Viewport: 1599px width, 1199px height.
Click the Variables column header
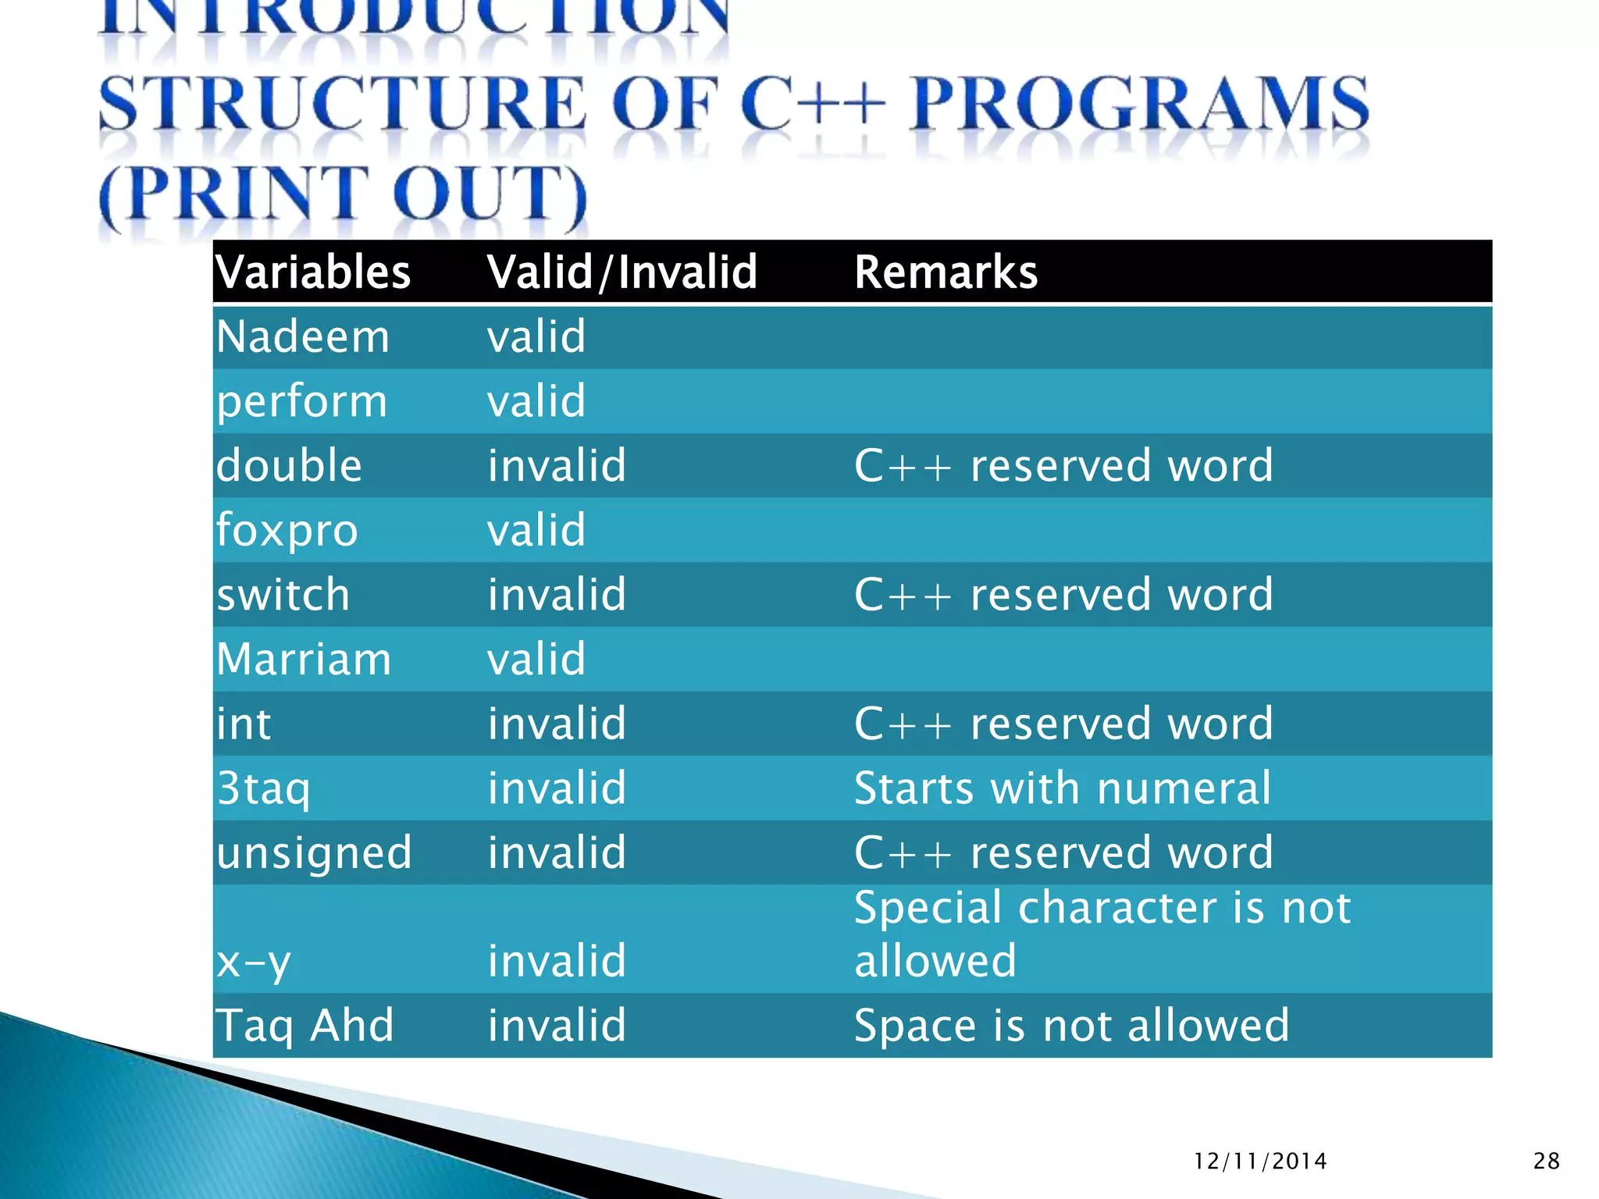click(313, 272)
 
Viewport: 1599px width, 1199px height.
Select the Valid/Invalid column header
click(621, 272)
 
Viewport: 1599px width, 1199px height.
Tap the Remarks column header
click(946, 272)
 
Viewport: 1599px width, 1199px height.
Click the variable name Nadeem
click(302, 337)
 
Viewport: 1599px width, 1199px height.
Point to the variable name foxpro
click(287, 531)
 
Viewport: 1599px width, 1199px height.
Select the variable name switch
click(283, 595)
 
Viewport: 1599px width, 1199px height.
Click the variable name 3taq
click(263, 788)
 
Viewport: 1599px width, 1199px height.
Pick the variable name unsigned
click(314, 852)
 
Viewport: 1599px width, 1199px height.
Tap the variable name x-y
click(253, 962)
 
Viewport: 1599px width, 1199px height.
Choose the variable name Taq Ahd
click(304, 1026)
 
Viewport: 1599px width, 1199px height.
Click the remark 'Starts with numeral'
click(1063, 788)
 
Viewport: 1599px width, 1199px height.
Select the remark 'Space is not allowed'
click(1071, 1026)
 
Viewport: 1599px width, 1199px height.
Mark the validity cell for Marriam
click(536, 660)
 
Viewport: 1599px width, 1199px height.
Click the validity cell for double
click(557, 466)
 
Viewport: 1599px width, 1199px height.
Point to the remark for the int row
click(1063, 724)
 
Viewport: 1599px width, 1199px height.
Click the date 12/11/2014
click(1260, 1162)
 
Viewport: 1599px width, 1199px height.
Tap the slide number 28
click(1546, 1162)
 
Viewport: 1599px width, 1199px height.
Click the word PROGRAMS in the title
click(1140, 104)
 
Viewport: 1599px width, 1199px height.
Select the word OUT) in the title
click(490, 195)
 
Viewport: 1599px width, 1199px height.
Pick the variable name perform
click(301, 402)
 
